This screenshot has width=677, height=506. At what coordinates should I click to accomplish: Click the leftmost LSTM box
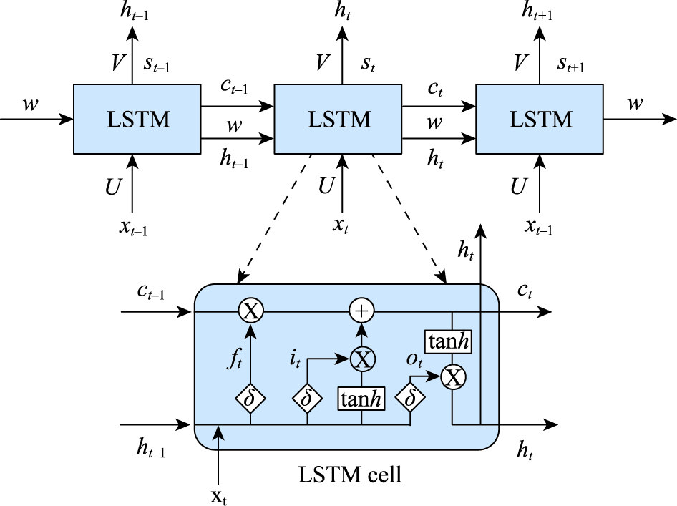tap(137, 119)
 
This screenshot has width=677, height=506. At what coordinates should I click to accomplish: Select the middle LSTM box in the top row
tap(338, 119)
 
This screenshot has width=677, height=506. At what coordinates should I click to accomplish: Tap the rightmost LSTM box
tap(540, 119)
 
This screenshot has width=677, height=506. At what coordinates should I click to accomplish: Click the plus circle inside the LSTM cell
tap(361, 311)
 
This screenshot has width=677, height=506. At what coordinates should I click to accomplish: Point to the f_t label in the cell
tap(235, 359)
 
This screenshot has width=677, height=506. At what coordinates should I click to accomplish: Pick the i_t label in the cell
tap(295, 359)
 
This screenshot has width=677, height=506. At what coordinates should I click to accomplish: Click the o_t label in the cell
tap(414, 360)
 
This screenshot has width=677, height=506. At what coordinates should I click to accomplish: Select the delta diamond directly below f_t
tap(250, 398)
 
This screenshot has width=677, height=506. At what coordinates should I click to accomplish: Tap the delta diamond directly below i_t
tap(307, 398)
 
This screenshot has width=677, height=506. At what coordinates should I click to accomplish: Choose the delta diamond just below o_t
tap(410, 398)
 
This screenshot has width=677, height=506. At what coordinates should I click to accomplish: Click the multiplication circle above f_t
tap(251, 311)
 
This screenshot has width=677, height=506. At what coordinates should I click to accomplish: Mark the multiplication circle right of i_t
tap(362, 359)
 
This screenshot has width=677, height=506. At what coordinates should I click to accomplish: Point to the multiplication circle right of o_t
tap(453, 378)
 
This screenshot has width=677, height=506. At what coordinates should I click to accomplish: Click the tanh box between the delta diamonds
tap(361, 399)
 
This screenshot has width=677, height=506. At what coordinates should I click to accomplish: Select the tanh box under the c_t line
tap(448, 342)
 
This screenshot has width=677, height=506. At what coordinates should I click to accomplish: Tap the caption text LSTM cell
tap(350, 475)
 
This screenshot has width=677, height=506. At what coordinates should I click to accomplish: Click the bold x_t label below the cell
tap(219, 497)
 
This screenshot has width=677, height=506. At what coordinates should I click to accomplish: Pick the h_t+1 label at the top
tap(537, 11)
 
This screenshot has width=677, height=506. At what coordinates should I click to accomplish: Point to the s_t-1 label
tap(156, 64)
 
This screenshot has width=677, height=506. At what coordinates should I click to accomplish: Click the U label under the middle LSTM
tap(326, 186)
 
